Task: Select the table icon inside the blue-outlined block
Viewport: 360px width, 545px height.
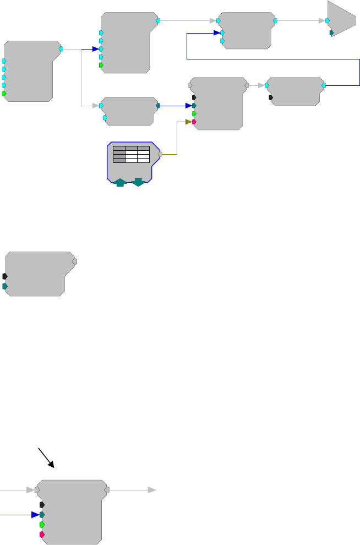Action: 131,154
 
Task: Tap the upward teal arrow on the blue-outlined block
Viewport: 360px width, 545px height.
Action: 120,182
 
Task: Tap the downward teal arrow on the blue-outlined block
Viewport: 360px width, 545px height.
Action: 138,182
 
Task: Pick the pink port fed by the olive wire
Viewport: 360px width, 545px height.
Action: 194,122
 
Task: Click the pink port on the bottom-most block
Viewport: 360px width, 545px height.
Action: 42,535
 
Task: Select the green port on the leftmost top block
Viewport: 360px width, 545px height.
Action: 4,94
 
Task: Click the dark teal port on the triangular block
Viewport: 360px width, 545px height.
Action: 331,33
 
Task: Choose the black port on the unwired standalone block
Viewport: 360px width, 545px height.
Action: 5,276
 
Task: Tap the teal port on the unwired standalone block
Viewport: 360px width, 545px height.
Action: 5,286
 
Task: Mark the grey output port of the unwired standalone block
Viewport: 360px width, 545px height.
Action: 75,261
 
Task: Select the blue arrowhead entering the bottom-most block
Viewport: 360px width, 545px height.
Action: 35,515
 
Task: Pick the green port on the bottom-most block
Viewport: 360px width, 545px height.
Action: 42,525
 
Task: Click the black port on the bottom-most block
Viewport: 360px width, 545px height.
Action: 42,504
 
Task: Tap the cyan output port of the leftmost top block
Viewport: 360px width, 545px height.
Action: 61,49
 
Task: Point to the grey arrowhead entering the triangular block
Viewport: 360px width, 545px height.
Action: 321,21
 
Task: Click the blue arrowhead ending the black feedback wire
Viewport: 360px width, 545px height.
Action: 217,33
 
